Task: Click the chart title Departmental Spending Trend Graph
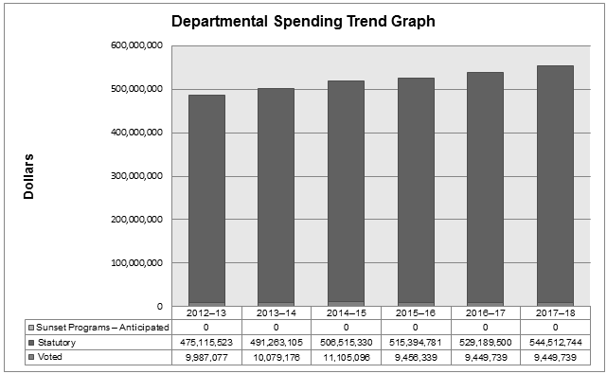click(x=303, y=20)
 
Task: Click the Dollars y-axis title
click(x=29, y=176)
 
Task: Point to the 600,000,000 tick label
click(x=136, y=45)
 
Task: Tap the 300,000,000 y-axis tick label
click(x=136, y=176)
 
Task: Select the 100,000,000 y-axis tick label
click(x=136, y=263)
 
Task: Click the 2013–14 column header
click(x=276, y=312)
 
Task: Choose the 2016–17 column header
click(x=485, y=312)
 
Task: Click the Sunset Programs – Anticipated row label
click(x=94, y=327)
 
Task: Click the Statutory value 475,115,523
click(x=205, y=342)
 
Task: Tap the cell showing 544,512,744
click(x=555, y=342)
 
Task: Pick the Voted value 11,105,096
click(x=346, y=357)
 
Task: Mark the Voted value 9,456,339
click(x=416, y=357)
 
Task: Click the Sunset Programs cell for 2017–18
click(x=555, y=327)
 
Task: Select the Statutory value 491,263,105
click(x=276, y=342)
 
